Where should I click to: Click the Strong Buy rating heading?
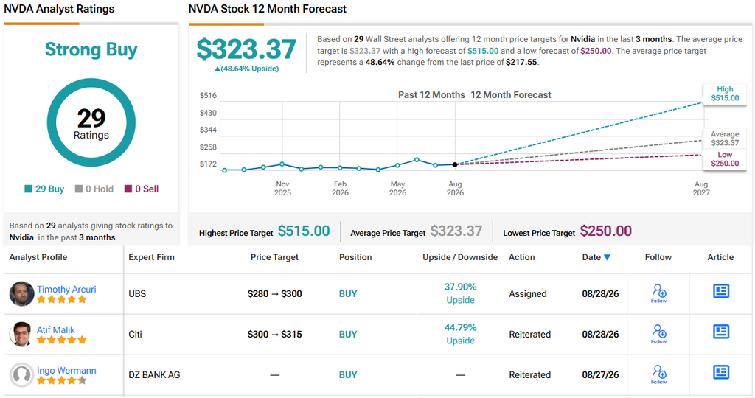91,49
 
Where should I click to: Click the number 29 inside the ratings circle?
91,118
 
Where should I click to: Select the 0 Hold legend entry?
94,189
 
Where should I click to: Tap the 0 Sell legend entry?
142,189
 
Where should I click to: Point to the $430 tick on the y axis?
208,113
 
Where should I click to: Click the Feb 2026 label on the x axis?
340,188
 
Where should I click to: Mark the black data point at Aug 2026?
454,164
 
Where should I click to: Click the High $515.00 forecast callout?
725,94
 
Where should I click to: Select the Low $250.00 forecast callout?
725,159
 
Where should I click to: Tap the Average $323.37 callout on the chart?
725,139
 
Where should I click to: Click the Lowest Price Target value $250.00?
606,231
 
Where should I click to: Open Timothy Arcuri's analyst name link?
66,289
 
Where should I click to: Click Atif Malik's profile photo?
21,334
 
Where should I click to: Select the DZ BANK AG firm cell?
154,375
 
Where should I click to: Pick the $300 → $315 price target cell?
274,335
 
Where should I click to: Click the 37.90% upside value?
460,287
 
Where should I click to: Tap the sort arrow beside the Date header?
608,257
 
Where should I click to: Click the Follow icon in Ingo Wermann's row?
658,374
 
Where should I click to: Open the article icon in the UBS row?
721,291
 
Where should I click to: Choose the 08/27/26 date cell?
600,375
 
